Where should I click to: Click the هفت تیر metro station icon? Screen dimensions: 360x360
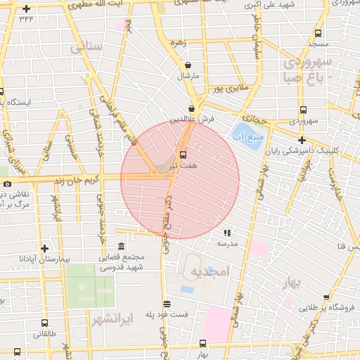(184, 154)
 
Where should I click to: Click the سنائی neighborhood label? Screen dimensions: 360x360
(86, 48)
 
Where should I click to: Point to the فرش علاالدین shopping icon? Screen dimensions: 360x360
(191, 108)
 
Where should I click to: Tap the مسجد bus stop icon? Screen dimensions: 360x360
(318, 33)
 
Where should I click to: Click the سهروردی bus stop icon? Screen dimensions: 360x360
(303, 110)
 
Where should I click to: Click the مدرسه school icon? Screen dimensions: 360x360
(226, 232)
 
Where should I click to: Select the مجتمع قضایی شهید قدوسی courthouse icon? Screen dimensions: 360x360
(122, 247)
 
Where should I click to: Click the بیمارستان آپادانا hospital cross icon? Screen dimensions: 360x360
(45, 248)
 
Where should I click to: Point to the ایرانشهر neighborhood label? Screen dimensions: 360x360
(112, 319)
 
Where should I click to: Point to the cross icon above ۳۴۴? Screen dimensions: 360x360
(26, 8)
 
